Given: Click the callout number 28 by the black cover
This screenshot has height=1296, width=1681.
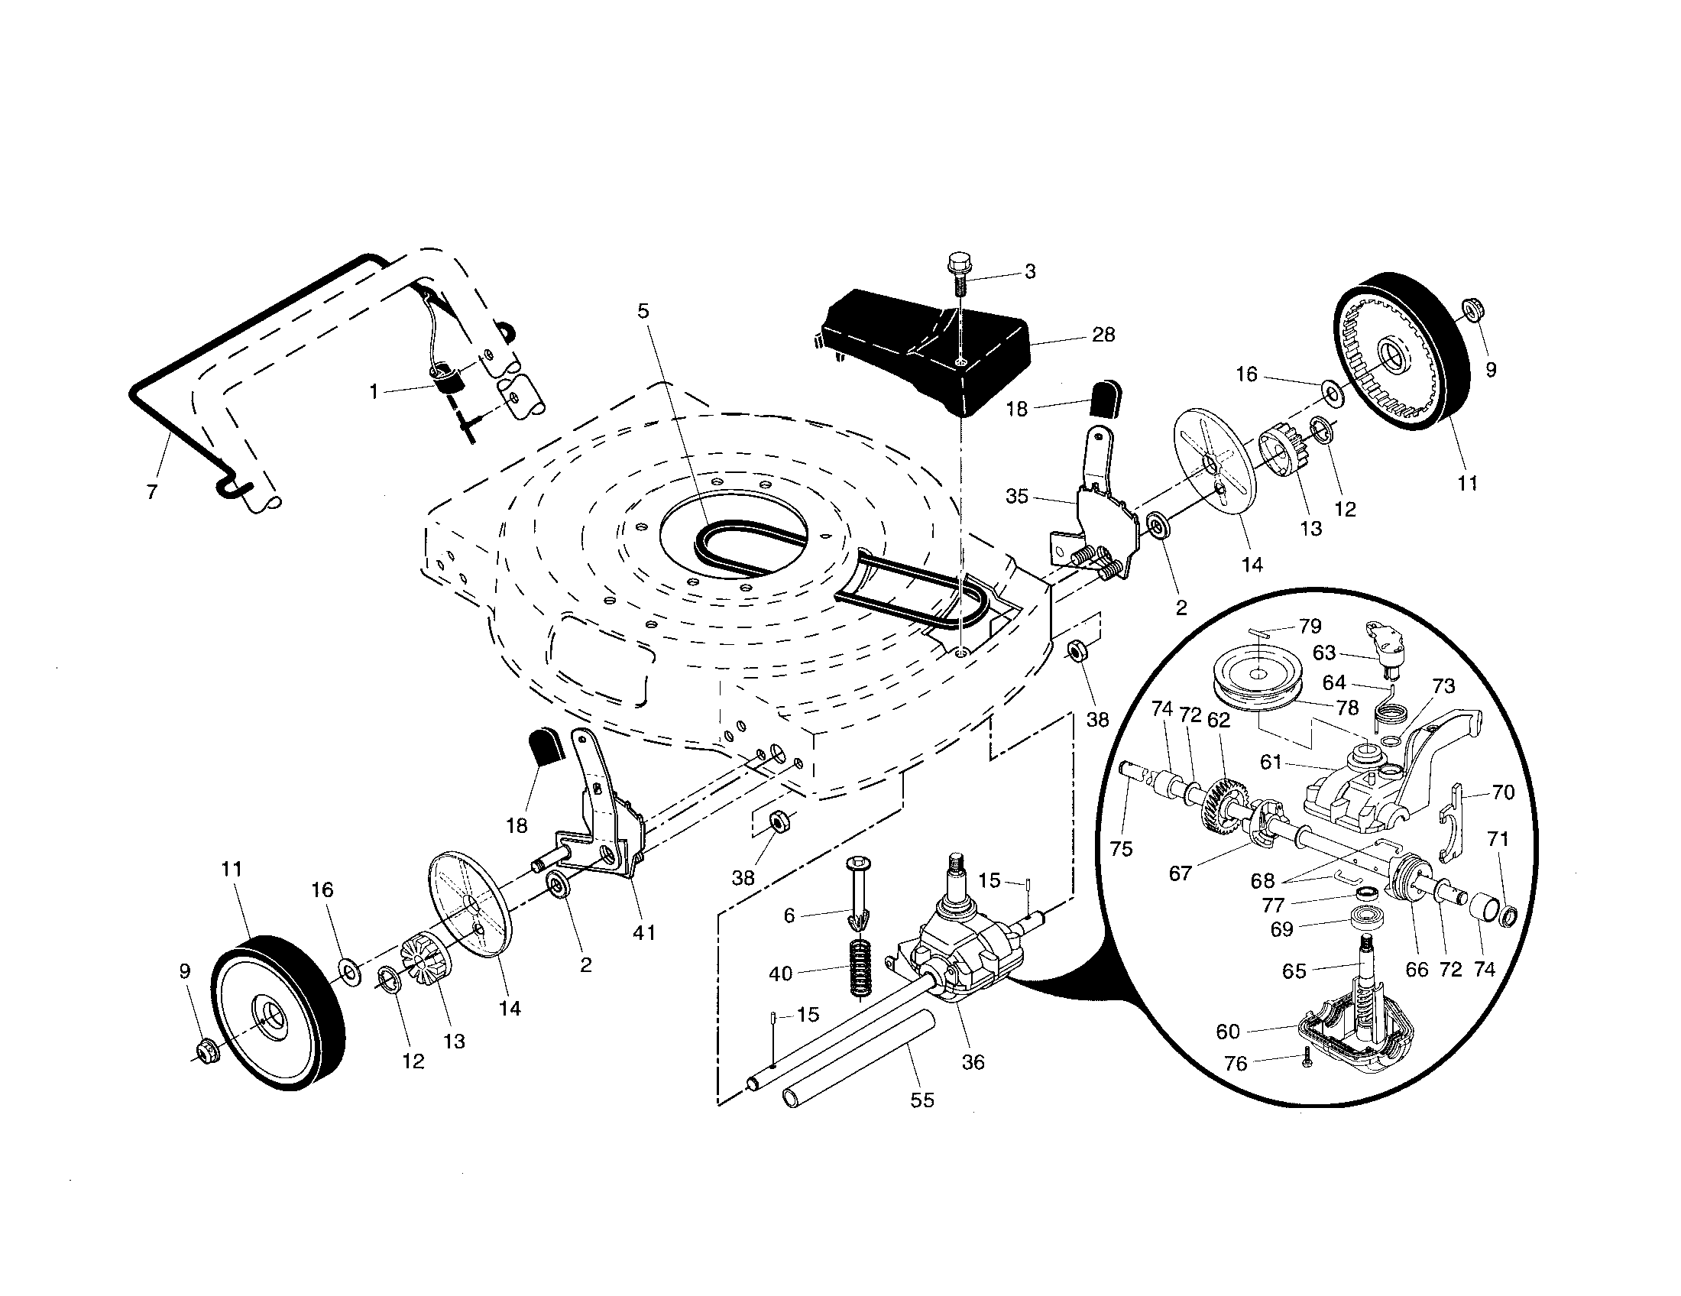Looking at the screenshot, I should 1103,335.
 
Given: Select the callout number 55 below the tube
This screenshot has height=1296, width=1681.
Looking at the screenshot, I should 921,1100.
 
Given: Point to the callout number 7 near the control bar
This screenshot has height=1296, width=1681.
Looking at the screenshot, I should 151,492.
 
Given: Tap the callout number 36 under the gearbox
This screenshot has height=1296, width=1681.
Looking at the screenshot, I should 973,1062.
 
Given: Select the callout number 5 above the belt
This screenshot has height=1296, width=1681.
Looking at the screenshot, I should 643,311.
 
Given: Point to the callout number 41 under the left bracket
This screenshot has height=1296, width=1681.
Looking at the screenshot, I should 643,933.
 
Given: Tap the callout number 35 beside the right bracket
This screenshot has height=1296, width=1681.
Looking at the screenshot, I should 1017,497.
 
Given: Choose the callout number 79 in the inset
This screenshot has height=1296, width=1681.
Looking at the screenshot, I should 1310,626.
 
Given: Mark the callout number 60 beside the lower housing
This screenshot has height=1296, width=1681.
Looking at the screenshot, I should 1228,1032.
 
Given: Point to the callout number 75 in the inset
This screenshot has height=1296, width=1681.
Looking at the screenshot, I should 1122,849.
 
